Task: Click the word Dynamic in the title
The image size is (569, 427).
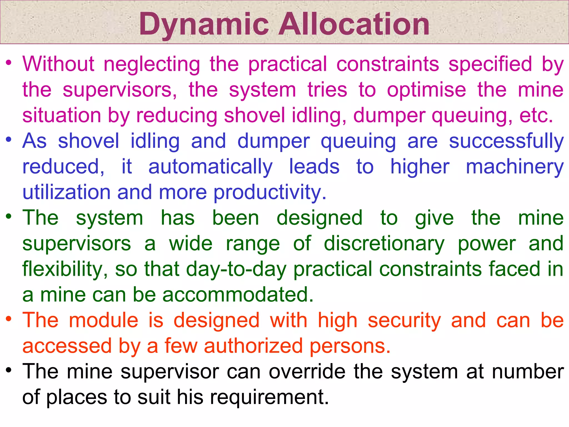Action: pyautogui.click(x=204, y=25)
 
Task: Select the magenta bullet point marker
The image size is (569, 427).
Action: pyautogui.click(x=9, y=63)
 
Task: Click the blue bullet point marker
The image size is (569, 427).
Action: pyautogui.click(x=9, y=139)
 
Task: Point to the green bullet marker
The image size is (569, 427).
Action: pyautogui.click(x=9, y=216)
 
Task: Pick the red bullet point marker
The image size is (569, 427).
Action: pyautogui.click(x=9, y=319)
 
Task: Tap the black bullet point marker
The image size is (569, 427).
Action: pyautogui.click(x=9, y=370)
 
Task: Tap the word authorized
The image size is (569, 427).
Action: pyautogui.click(x=253, y=346)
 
